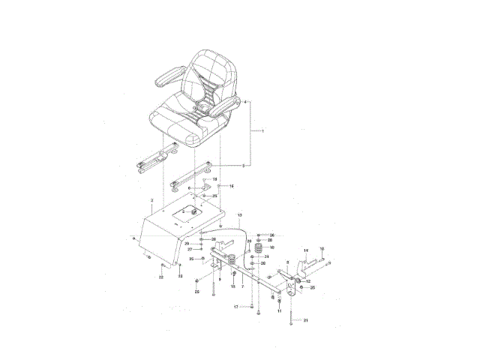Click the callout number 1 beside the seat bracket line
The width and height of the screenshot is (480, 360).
tap(263, 131)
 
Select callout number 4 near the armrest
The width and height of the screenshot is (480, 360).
tap(244, 101)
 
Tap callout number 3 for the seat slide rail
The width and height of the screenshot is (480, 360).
tap(243, 165)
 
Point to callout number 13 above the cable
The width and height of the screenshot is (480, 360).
tap(240, 215)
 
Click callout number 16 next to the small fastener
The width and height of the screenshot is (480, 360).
tap(232, 186)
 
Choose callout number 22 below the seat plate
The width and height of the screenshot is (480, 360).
tap(161, 277)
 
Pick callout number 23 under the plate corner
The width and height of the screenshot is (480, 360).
tap(180, 276)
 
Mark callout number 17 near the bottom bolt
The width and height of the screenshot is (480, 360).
tap(235, 307)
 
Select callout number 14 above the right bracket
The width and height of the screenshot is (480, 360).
tap(306, 250)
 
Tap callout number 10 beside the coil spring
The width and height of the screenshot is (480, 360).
tap(271, 247)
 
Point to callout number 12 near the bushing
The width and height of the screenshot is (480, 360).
tap(308, 281)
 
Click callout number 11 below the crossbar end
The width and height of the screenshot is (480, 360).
tap(280, 310)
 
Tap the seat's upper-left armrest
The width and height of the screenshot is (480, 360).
tap(170, 74)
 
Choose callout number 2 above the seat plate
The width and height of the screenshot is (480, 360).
tap(151, 201)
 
